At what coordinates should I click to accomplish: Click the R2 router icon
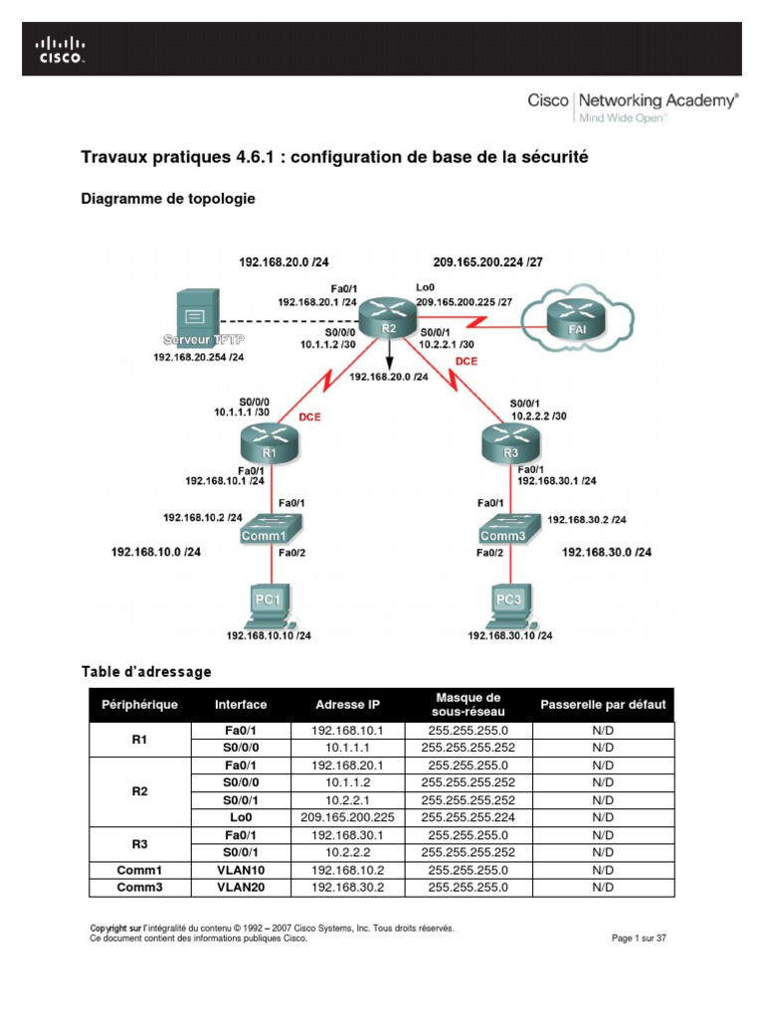coord(385,317)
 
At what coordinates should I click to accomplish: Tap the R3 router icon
coord(510,441)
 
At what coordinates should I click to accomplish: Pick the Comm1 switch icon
coord(266,528)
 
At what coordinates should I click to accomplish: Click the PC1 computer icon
coord(265,602)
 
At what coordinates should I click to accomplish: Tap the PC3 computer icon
coord(509,602)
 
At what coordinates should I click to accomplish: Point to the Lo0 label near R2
coord(424,287)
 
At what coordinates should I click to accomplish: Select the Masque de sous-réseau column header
coord(467,705)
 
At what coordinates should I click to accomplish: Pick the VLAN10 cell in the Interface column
coord(240,869)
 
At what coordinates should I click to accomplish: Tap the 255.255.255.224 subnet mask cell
coord(467,816)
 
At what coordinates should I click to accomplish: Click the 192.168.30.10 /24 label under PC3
coord(511,635)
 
